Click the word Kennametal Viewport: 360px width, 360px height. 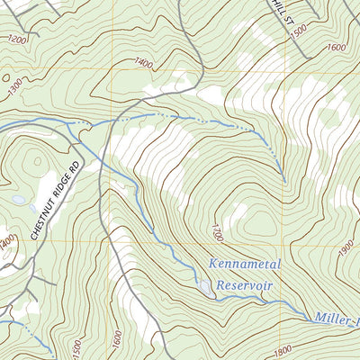tap(245, 265)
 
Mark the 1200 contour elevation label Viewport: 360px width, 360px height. tap(16, 40)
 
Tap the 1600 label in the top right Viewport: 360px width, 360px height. tap(336, 47)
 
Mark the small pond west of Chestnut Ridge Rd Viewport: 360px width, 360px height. tap(19, 200)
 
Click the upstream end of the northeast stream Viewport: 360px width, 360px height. tap(284, 180)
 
